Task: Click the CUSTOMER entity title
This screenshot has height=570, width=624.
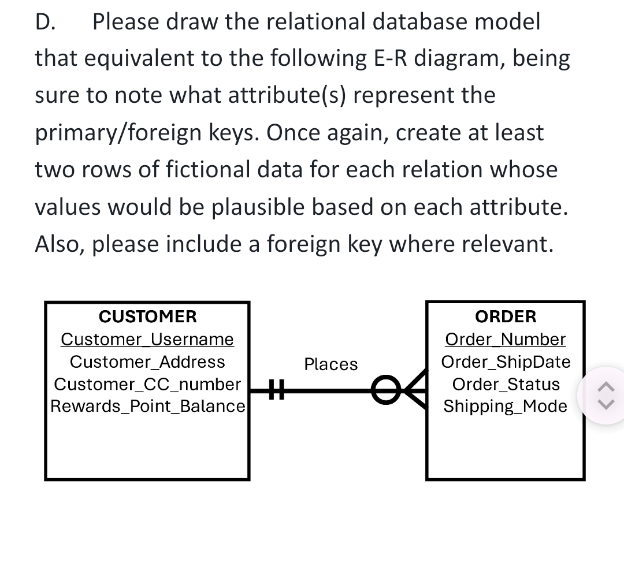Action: coord(147,316)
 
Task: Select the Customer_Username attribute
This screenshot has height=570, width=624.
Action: coord(147,339)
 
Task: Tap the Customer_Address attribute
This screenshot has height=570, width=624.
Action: coord(147,362)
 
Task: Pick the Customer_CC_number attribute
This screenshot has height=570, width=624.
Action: coord(147,384)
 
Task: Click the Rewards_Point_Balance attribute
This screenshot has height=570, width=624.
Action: coord(148,406)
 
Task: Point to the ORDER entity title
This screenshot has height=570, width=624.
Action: coord(506,316)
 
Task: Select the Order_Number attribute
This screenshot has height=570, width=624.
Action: coord(506,339)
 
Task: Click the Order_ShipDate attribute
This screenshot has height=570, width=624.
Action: coord(506,362)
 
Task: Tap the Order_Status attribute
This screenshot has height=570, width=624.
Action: coord(506,384)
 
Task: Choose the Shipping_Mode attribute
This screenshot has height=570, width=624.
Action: coord(506,406)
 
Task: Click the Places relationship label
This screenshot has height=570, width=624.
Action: coord(331,364)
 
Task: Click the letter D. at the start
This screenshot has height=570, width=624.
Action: coord(44,22)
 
